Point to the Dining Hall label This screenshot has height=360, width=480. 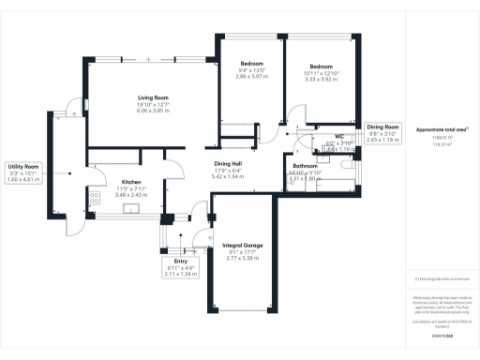(x=228, y=163)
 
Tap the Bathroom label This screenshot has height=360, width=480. (x=307, y=165)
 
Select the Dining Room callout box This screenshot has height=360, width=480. (x=382, y=132)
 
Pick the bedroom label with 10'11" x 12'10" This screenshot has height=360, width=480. (x=322, y=67)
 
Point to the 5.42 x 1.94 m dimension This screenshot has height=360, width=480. (x=228, y=176)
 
